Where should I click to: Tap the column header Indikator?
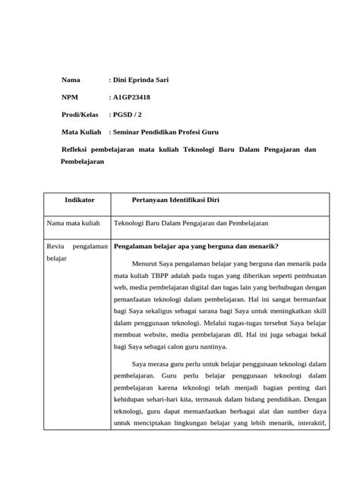click(80, 200)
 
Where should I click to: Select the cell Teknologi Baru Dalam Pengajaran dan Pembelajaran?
click(191, 223)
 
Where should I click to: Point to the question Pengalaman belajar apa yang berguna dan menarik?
click(195, 246)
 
